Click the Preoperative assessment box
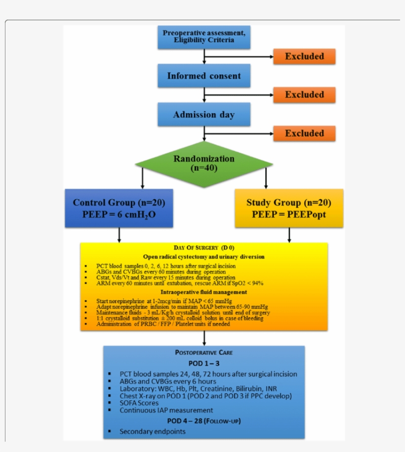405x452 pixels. (x=204, y=36)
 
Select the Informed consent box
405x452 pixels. (x=204, y=76)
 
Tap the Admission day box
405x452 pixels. (x=204, y=115)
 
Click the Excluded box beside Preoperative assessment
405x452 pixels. (x=304, y=56)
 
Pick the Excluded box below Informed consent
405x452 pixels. (x=304, y=95)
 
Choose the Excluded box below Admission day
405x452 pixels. (x=304, y=133)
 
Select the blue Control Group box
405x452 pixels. (x=119, y=208)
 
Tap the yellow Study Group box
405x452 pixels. (x=289, y=208)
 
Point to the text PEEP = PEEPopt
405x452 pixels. (x=289, y=215)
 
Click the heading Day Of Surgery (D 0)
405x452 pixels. (x=204, y=247)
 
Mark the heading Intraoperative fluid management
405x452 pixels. (x=204, y=292)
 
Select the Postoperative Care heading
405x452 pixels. (x=204, y=352)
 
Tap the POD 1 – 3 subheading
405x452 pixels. (x=204, y=363)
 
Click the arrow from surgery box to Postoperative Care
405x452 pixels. (x=204, y=338)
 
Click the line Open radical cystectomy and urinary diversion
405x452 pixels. (x=204, y=256)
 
